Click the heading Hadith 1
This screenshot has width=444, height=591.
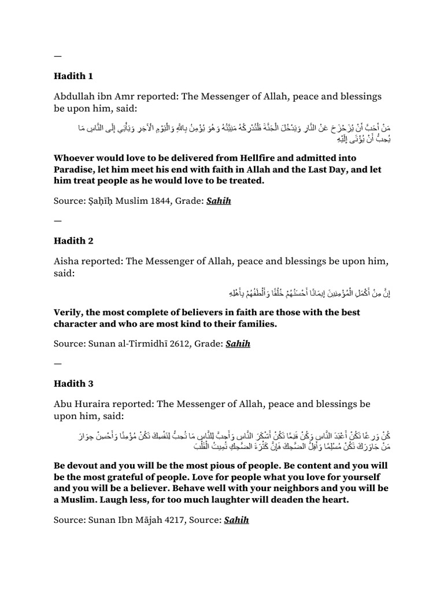point(73,76)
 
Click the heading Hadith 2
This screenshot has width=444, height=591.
point(74,241)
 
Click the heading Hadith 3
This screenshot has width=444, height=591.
point(74,383)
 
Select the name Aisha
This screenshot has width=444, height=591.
point(68,261)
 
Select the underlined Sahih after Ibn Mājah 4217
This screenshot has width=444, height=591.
point(237,519)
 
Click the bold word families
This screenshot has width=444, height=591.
point(256,324)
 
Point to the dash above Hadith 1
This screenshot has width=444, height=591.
point(57,56)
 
